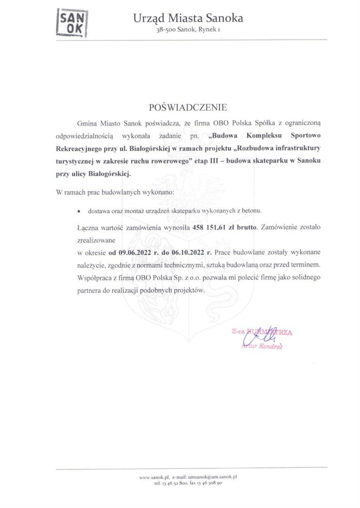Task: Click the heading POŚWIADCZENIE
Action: click(x=188, y=107)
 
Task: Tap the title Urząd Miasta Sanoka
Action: click(x=188, y=18)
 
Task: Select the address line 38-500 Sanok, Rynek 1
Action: click(x=188, y=30)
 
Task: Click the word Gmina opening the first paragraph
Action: click(x=87, y=123)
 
